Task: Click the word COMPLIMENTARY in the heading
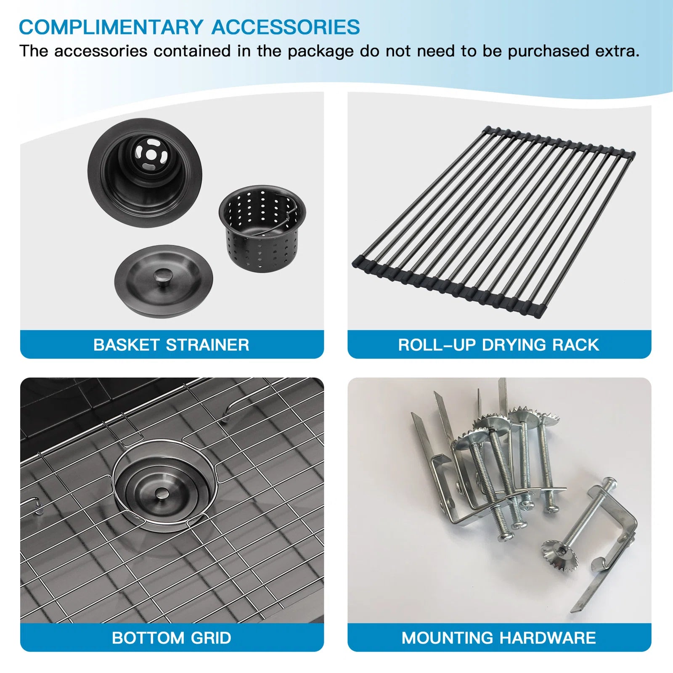[111, 27]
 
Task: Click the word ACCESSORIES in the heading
[286, 27]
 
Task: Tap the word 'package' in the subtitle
[321, 52]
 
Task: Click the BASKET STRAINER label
[171, 345]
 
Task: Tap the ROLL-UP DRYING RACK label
[498, 345]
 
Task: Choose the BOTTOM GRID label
[171, 638]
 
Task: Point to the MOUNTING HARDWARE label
[498, 638]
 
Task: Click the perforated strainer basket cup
[262, 229]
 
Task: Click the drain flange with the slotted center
[145, 172]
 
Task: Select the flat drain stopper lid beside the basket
[164, 282]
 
